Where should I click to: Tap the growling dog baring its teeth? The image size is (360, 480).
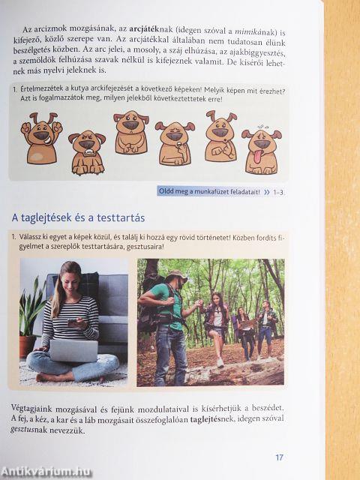(x=86, y=151)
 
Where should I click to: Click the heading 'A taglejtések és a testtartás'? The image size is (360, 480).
(x=78, y=217)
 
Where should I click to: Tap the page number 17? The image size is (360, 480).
(x=278, y=457)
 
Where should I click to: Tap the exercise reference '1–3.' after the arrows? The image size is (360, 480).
(x=277, y=192)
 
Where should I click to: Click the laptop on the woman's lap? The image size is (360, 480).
(x=72, y=350)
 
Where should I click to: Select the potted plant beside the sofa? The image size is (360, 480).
(x=30, y=315)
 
